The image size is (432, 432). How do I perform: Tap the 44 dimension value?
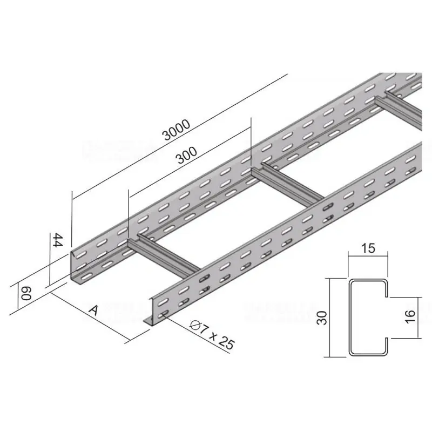tap(56, 240)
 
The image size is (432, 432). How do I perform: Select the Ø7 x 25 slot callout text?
tap(213, 334)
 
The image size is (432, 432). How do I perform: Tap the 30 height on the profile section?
tap(322, 318)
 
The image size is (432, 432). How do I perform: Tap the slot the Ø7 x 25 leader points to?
tap(164, 314)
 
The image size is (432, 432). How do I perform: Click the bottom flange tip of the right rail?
tap(147, 322)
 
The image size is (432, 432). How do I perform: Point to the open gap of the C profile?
tap(387, 318)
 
